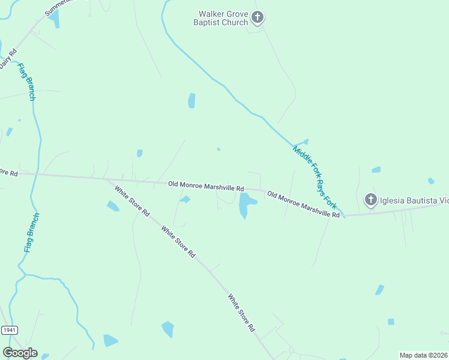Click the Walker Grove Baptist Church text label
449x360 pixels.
223,18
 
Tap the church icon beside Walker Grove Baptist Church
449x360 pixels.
258,17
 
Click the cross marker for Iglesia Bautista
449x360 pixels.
371,199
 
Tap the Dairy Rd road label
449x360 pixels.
7,59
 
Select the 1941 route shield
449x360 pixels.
9,331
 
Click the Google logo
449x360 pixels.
20,353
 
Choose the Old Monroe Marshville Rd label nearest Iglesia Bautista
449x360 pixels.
304,204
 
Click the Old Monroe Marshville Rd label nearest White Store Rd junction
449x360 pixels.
206,186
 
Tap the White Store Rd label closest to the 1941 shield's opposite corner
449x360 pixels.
241,313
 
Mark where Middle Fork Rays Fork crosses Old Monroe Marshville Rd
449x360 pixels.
344,215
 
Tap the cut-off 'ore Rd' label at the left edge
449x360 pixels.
9,173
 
